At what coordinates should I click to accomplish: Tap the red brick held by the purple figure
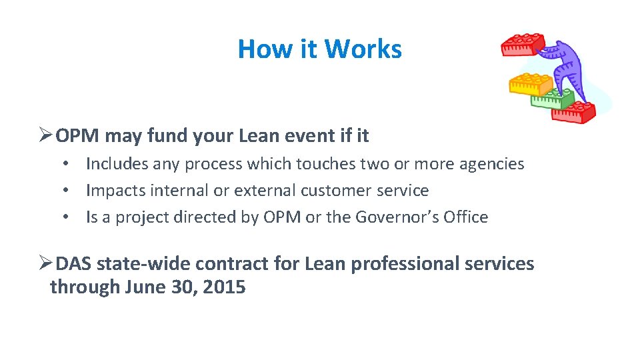tap(523, 45)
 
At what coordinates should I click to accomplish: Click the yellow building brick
tap(530, 84)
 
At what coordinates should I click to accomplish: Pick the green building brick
tap(551, 99)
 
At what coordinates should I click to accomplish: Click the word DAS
tap(74, 264)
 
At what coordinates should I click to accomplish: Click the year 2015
tap(223, 287)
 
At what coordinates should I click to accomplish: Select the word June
tap(147, 287)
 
